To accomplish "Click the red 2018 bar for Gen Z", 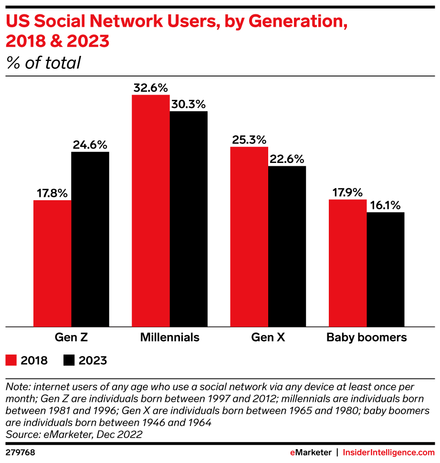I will (52, 263).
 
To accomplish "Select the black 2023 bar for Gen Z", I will (90, 239).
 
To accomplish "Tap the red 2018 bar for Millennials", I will (150, 210).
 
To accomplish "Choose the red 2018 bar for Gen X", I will (249, 237).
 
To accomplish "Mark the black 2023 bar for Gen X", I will (287, 246).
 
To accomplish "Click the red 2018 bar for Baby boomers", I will (347, 263).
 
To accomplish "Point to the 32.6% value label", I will (150, 88).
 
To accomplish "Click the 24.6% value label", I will (90, 145).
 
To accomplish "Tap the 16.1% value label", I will (386, 205).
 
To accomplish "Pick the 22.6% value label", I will (287, 159).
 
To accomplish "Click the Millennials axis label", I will (169, 337).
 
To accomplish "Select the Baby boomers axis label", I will (367, 337).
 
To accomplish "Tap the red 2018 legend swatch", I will (11, 360).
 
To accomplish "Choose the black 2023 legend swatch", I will (69, 360).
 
